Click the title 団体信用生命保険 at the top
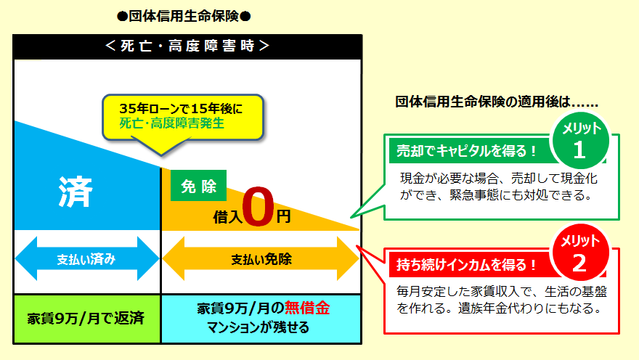188,15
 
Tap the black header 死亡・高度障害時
187,45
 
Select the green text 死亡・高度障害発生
172,123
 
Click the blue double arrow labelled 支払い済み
86,258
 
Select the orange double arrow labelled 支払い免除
261,259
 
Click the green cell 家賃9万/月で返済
86,318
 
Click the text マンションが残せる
261,327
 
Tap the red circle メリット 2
579,253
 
